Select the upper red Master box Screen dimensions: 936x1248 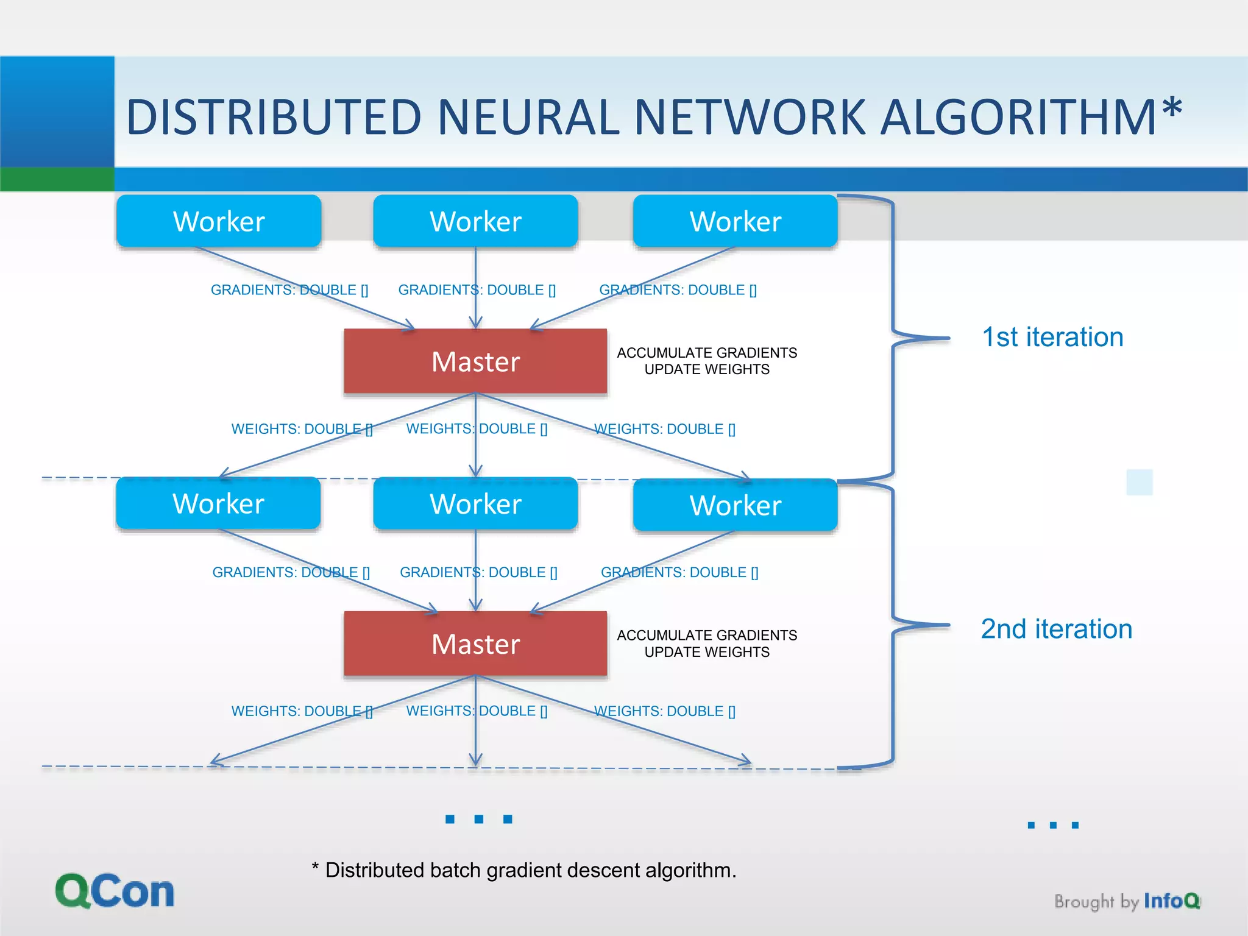pos(475,361)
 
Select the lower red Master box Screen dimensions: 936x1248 pos(475,644)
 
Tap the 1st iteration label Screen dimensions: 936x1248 pos(1052,337)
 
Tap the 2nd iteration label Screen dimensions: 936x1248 pos(1056,629)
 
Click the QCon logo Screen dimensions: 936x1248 pos(115,892)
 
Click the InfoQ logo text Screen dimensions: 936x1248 pos(1171,901)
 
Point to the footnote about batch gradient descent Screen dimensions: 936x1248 pos(524,870)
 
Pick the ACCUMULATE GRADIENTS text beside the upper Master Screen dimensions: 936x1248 pos(707,353)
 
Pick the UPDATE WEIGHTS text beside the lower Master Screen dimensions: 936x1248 pos(707,652)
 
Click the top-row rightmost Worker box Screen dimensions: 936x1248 pos(735,221)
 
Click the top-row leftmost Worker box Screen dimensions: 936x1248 pos(219,221)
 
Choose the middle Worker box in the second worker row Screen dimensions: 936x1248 pos(475,504)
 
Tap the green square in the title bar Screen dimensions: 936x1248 pos(57,179)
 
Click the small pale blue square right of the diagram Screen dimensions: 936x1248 pos(1139,482)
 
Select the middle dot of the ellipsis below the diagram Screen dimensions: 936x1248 pos(479,819)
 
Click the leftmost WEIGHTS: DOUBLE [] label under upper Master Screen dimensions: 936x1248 pos(302,429)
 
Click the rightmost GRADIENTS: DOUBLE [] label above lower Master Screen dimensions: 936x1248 pos(679,572)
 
